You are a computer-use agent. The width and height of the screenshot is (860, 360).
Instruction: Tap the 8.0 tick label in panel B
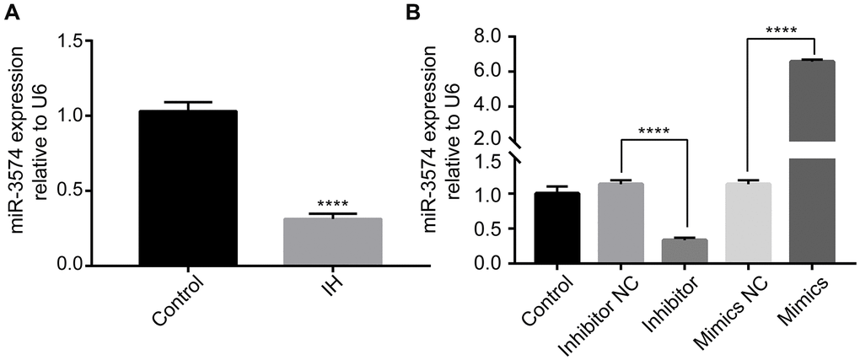pyautogui.click(x=488, y=37)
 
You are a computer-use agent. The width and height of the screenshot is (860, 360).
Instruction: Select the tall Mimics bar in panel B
pyautogui.click(x=812, y=160)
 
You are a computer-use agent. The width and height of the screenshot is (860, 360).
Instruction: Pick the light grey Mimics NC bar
pyautogui.click(x=749, y=223)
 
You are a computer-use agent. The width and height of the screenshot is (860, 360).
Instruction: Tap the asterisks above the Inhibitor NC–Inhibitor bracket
pyautogui.click(x=653, y=132)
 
